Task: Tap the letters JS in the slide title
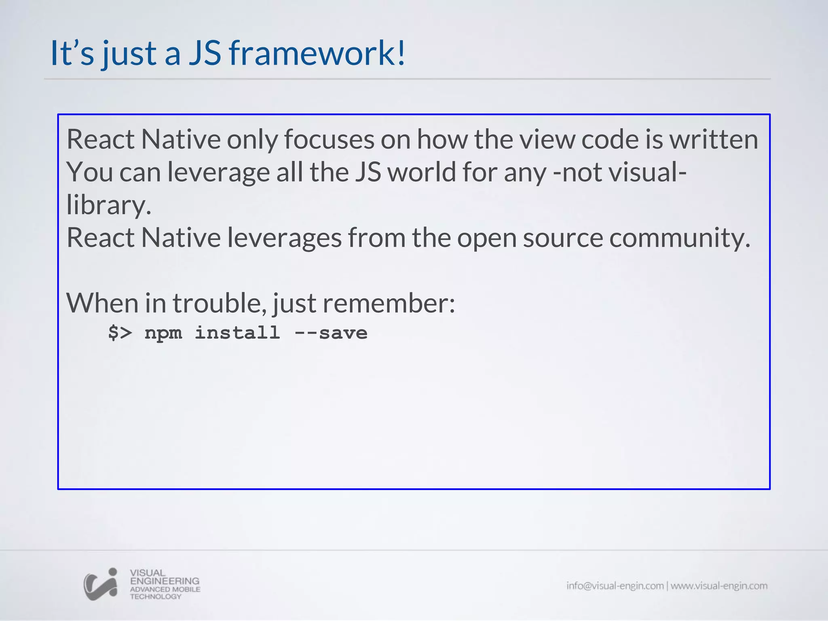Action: [x=205, y=53]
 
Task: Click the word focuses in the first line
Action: [x=329, y=139]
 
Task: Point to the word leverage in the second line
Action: [x=218, y=173]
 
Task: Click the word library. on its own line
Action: [x=109, y=205]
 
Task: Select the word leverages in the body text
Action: [x=284, y=238]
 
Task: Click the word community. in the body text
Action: [x=680, y=238]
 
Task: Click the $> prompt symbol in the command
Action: [x=120, y=333]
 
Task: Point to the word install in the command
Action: [x=237, y=333]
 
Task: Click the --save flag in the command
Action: [x=331, y=333]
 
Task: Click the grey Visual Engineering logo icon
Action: [x=101, y=585]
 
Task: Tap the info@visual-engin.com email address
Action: [x=615, y=586]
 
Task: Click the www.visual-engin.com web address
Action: [x=719, y=586]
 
